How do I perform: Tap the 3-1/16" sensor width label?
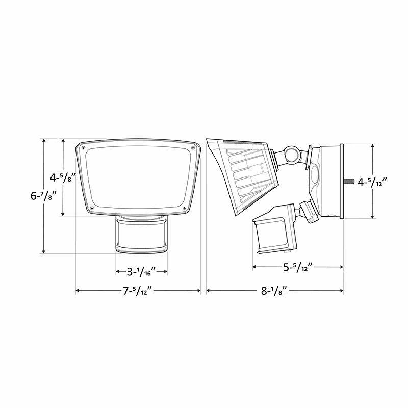(142, 271)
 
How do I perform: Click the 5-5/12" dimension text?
(297, 267)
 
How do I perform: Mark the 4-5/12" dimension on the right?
(373, 182)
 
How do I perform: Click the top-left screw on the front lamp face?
(83, 148)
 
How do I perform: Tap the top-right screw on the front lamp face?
(193, 148)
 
